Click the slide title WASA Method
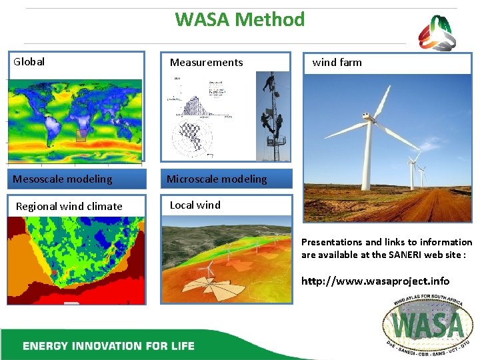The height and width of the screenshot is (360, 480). click(x=240, y=19)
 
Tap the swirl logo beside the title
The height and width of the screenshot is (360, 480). click(x=437, y=33)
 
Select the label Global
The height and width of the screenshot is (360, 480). click(x=29, y=62)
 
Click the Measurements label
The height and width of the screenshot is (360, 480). click(x=206, y=63)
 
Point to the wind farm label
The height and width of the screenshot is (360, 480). click(x=337, y=63)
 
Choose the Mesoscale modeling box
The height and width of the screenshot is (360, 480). click(x=63, y=179)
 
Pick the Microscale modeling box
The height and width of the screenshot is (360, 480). click(x=217, y=179)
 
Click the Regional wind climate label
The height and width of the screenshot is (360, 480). click(x=69, y=206)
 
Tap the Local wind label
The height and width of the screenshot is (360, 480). click(x=195, y=205)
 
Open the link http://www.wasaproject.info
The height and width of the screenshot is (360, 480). click(x=375, y=281)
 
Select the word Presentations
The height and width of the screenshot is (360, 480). click(x=331, y=242)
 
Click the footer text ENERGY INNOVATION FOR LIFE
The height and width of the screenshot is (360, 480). click(x=109, y=345)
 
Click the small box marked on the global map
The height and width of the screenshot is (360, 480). click(x=81, y=136)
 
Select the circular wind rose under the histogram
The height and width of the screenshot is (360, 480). click(x=192, y=137)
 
